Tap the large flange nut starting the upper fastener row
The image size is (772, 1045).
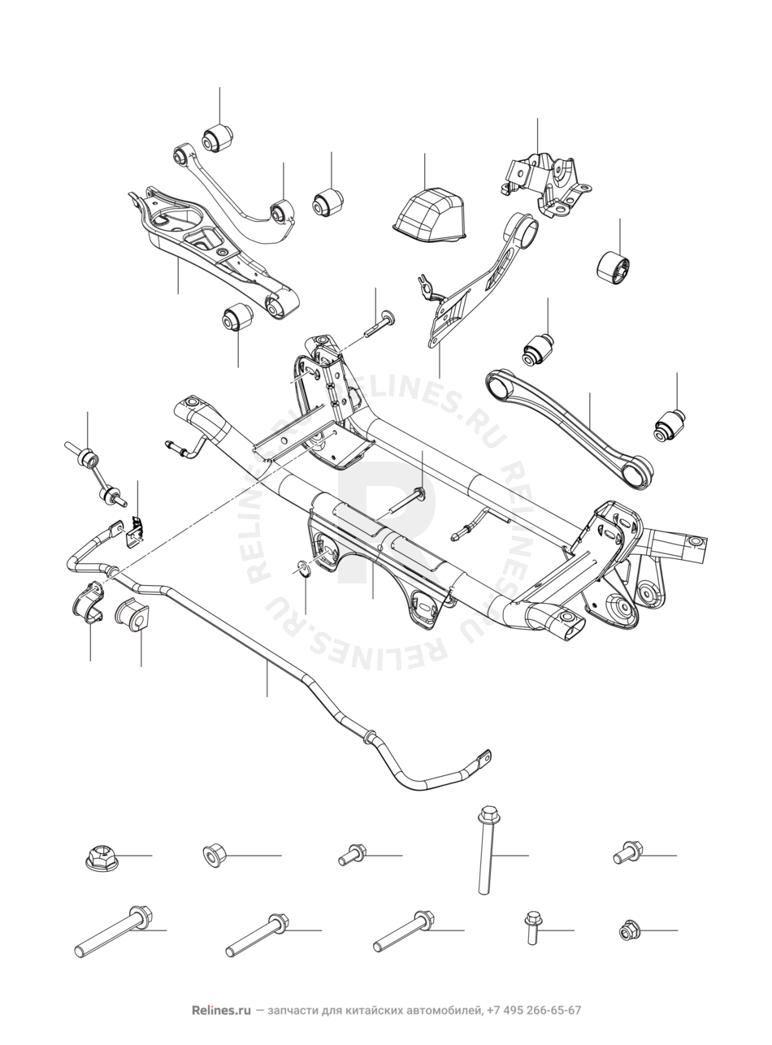[x=101, y=856]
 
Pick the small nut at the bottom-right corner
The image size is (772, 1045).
[x=629, y=930]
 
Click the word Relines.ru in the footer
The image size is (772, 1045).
[x=221, y=1011]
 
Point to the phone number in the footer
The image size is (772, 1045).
[x=534, y=1011]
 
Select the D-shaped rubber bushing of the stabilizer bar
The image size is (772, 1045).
[x=132, y=615]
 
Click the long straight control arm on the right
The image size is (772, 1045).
[x=568, y=426]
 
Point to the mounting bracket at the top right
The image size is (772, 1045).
[x=544, y=183]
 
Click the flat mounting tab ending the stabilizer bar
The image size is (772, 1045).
[x=483, y=759]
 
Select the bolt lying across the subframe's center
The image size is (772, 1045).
[x=406, y=501]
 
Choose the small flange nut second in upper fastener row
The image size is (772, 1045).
[x=214, y=855]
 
